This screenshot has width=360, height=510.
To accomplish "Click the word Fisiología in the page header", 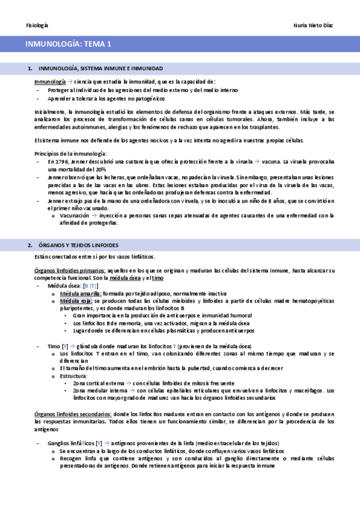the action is (x=37, y=25).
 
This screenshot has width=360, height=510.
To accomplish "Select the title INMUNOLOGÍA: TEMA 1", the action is (x=68, y=44).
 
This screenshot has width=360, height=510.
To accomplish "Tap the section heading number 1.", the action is (x=30, y=69).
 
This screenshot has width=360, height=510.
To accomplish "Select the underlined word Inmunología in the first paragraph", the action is (x=49, y=82).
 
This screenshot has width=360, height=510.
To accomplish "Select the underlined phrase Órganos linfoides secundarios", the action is (x=73, y=414).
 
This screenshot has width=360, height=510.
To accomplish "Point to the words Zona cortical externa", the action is (x=97, y=383).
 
